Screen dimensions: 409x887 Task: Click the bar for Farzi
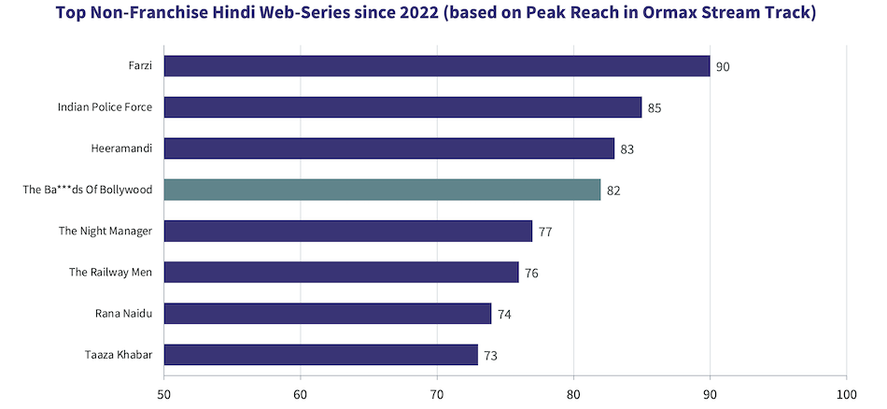pos(437,66)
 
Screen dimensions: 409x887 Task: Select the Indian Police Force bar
pos(402,107)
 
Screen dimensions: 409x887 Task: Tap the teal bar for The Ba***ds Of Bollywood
pos(383,190)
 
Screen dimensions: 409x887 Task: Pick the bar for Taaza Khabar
pos(321,355)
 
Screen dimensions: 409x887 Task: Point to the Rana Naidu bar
pos(328,314)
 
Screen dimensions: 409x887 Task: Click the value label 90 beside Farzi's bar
pos(723,67)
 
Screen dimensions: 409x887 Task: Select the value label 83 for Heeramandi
pos(627,149)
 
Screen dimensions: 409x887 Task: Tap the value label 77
pos(545,232)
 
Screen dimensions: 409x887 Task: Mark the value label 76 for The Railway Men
pos(531,273)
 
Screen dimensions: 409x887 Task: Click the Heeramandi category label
pos(122,148)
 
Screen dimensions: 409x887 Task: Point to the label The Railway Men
pos(111,272)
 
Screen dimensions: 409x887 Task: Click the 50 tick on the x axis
pos(164,395)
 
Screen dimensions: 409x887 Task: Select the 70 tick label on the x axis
pos(437,395)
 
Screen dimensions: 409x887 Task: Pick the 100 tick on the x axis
pos(846,395)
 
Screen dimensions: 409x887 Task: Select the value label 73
pos(491,355)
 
